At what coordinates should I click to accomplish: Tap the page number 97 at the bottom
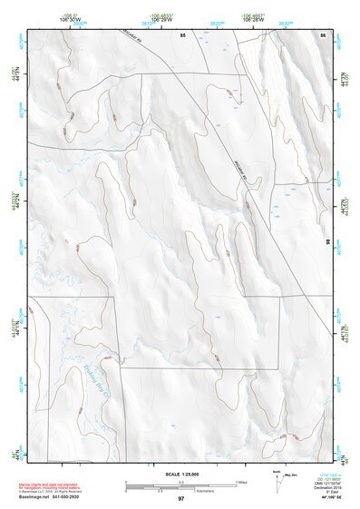[x=181, y=499]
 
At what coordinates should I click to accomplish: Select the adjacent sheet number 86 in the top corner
[x=323, y=34]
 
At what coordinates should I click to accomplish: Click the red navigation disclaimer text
[x=49, y=487]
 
